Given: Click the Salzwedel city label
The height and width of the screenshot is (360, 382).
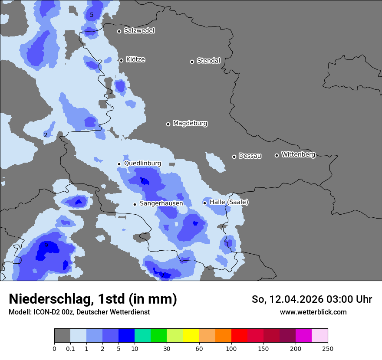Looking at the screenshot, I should [x=139, y=31].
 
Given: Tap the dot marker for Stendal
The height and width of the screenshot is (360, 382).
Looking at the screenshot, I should [x=192, y=62].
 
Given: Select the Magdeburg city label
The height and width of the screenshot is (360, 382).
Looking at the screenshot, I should [x=190, y=124].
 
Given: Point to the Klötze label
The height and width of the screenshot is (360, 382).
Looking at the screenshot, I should [x=135, y=60].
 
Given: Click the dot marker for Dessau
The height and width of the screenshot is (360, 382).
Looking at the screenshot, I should [x=234, y=157].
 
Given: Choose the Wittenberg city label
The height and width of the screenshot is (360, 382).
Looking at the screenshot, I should [x=298, y=155].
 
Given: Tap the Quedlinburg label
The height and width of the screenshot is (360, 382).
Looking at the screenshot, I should [x=142, y=164].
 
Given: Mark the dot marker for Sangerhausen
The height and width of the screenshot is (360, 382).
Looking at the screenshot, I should [x=135, y=204].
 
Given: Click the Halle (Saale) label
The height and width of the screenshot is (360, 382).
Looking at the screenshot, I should [x=229, y=202].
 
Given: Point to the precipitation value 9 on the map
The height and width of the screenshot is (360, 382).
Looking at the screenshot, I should [x=46, y=245].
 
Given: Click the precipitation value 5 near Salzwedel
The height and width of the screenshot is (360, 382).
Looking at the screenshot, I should [x=92, y=15].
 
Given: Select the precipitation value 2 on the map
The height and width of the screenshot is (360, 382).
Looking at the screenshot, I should [x=46, y=135].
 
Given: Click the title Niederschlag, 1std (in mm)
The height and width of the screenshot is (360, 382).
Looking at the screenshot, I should [x=93, y=299].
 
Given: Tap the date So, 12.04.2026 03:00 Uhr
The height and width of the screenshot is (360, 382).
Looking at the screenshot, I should [x=312, y=299].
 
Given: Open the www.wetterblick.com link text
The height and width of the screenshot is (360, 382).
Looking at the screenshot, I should [x=313, y=312].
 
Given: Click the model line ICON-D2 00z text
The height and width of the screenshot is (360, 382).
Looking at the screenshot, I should [x=79, y=312].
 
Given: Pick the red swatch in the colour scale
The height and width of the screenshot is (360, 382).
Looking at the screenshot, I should [x=239, y=336].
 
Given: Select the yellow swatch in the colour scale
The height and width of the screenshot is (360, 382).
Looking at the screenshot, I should [x=191, y=336].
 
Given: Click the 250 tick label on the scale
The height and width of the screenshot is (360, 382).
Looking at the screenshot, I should [x=328, y=348].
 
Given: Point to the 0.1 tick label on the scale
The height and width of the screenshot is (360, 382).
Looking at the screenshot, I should [x=70, y=348].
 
